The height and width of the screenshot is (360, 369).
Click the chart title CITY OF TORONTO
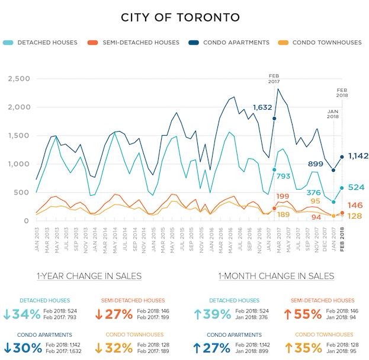tap(180, 17)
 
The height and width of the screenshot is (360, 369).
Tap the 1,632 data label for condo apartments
tap(262, 107)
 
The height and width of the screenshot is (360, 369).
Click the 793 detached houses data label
tap(285, 176)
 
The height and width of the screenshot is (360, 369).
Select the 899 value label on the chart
tap(316, 164)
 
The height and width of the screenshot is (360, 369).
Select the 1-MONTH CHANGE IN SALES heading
tap(275, 276)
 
